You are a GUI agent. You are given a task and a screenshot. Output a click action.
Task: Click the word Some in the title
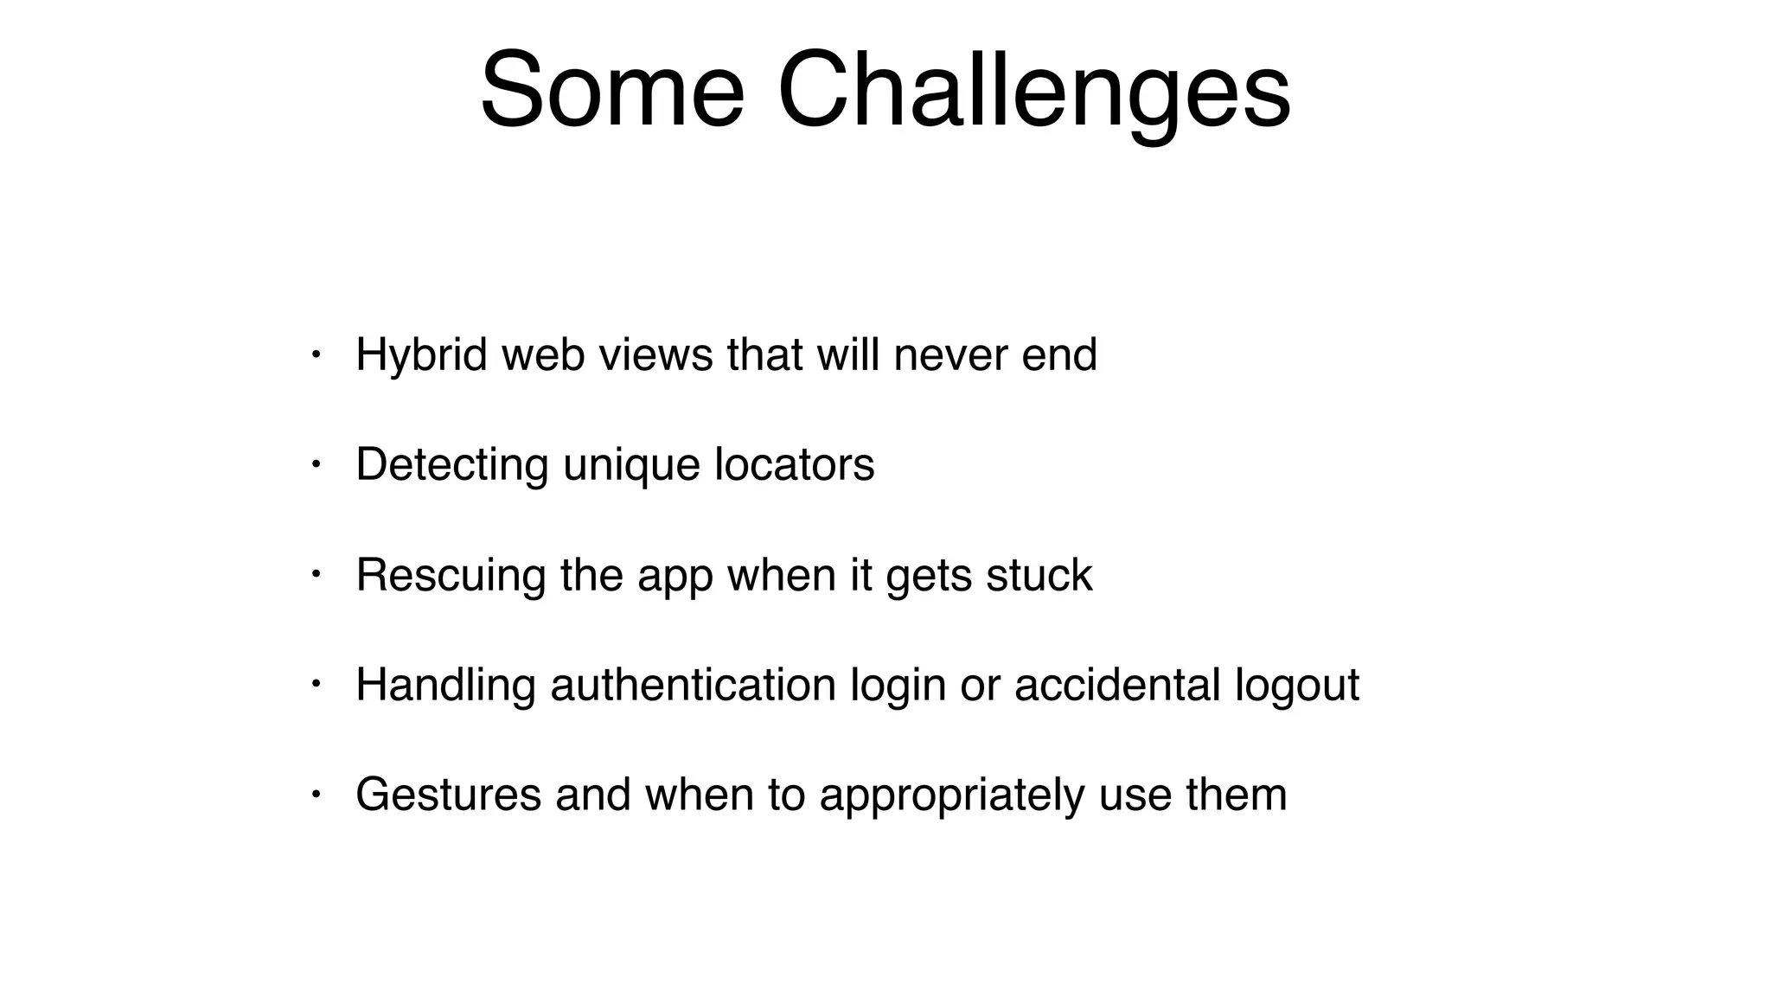(611, 91)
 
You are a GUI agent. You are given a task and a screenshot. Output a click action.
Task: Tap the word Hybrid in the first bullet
(422, 356)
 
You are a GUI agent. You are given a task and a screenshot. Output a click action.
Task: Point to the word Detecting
(451, 466)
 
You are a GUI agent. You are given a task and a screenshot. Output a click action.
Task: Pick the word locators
(794, 464)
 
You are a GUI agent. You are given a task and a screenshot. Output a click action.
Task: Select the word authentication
(693, 686)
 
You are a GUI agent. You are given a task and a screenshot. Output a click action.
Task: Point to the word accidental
(1117, 686)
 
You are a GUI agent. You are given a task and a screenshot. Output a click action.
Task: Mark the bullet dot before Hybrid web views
(316, 354)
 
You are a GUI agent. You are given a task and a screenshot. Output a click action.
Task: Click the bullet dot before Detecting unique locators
(316, 463)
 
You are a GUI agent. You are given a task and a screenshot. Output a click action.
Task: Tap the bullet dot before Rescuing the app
(316, 573)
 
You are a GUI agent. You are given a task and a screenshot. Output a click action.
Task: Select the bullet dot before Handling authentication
(316, 684)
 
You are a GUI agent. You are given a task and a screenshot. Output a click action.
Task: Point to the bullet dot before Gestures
(316, 794)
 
